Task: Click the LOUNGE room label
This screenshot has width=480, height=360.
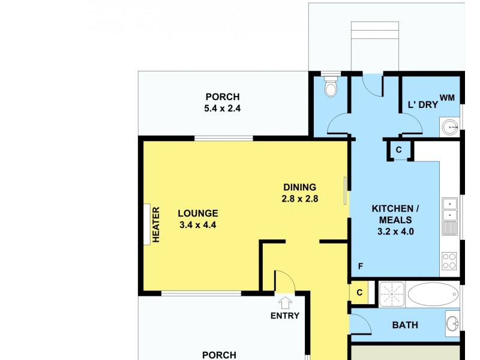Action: [197, 213]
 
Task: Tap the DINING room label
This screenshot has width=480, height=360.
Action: [299, 187]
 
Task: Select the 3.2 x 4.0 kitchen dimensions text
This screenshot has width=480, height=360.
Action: [395, 230]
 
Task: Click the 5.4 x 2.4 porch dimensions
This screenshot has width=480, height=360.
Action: [222, 109]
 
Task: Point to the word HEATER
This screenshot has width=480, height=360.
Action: [156, 224]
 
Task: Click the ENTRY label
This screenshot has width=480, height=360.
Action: [284, 316]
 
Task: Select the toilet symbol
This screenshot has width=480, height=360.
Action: [331, 86]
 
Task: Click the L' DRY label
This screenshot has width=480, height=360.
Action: [423, 105]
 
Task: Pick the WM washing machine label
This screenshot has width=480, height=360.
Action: [447, 97]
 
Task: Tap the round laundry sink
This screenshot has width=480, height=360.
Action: [449, 127]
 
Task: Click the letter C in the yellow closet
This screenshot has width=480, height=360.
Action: [359, 293]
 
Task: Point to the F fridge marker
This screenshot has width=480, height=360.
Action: [361, 266]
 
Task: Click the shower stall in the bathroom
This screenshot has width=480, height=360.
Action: [392, 294]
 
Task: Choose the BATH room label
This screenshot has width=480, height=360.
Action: [405, 325]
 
